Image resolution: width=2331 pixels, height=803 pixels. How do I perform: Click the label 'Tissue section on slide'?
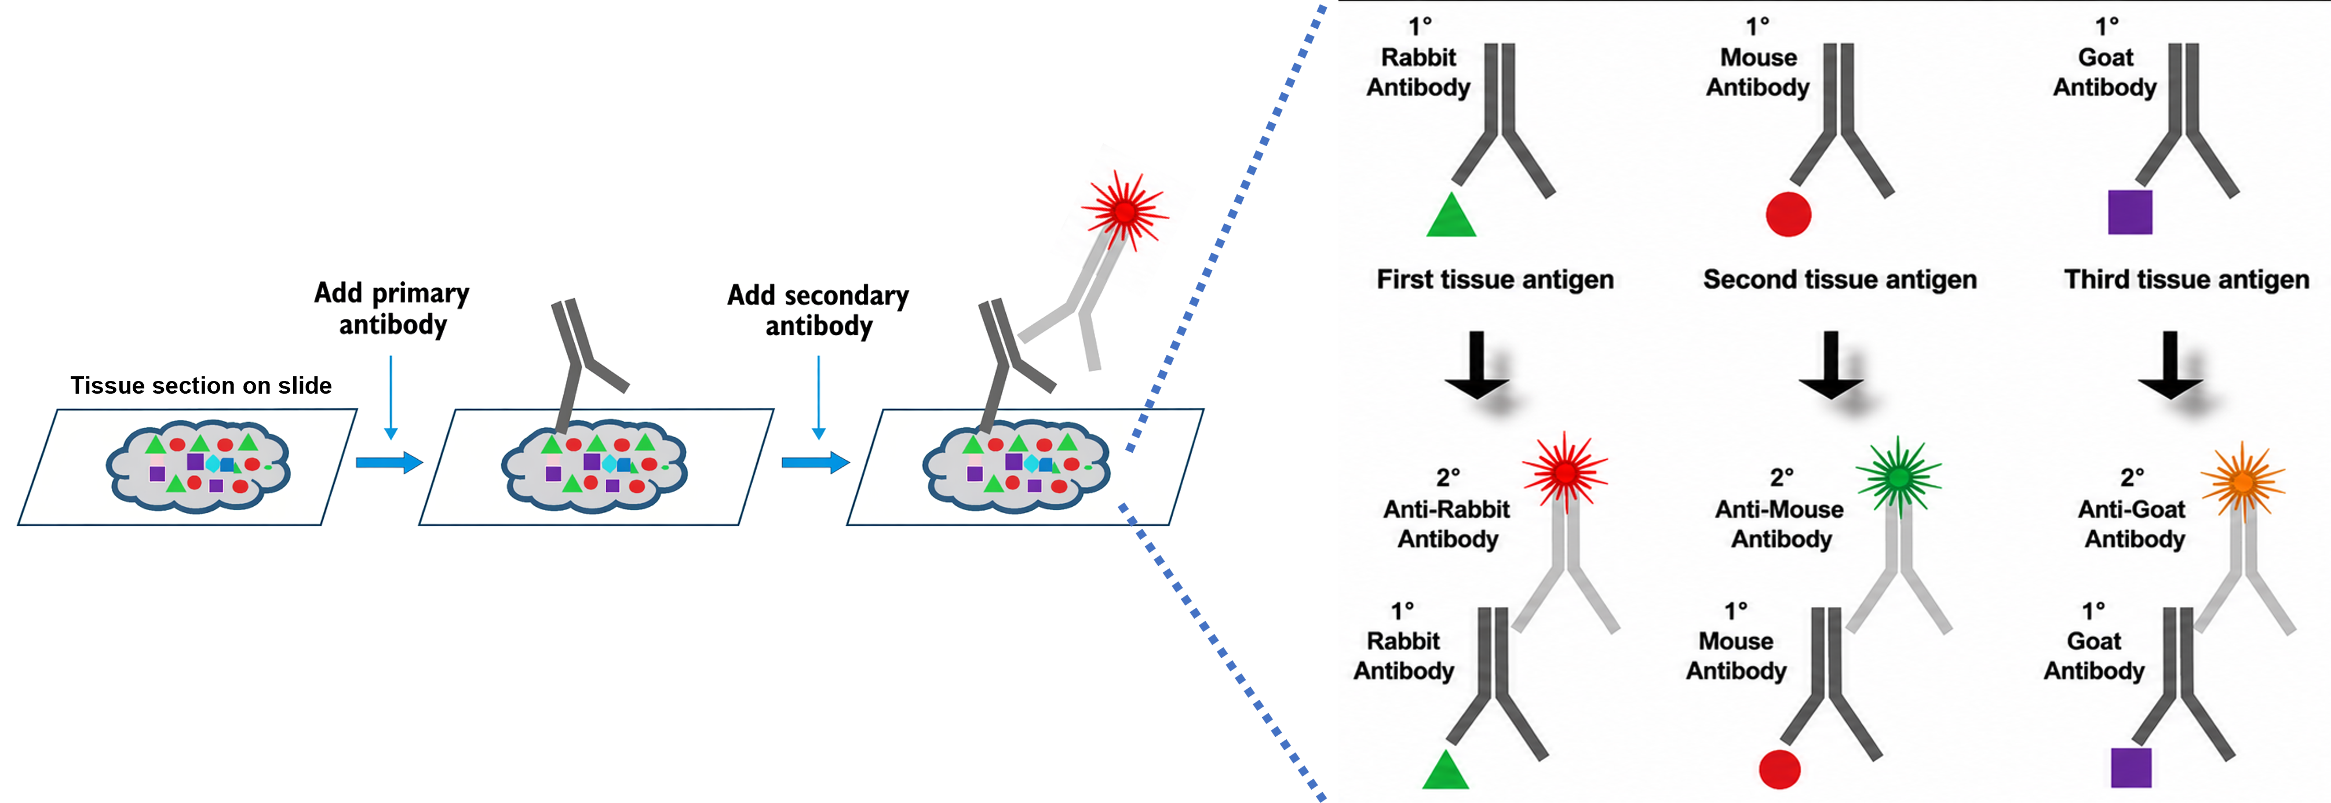(x=201, y=386)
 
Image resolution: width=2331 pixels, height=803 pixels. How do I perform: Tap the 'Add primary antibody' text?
(x=392, y=308)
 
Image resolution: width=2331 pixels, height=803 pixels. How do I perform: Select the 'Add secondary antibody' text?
(x=818, y=311)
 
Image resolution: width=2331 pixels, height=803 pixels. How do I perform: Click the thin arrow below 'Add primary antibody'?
(x=391, y=397)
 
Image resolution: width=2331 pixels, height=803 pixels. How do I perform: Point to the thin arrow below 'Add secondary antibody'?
(x=818, y=397)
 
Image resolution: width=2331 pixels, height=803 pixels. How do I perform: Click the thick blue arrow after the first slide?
(x=389, y=463)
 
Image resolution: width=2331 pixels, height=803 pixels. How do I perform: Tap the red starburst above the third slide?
(x=1125, y=212)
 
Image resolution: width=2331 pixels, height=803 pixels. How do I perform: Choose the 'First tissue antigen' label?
(x=1495, y=279)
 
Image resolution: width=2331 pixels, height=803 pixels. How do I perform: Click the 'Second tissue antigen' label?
(x=1840, y=279)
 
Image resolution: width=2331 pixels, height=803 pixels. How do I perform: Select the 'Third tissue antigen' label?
(x=2186, y=279)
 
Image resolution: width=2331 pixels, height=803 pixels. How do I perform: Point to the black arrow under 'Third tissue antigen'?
(x=2170, y=365)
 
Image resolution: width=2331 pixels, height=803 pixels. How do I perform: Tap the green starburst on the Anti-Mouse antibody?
(x=1898, y=477)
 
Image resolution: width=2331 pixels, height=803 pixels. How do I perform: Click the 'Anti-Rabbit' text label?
(x=1446, y=510)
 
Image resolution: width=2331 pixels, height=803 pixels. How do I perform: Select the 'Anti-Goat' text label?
(x=2131, y=510)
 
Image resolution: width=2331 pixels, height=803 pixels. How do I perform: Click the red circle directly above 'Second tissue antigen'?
(x=1788, y=215)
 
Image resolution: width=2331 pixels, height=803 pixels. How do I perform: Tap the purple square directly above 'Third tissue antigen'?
(x=2130, y=212)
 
